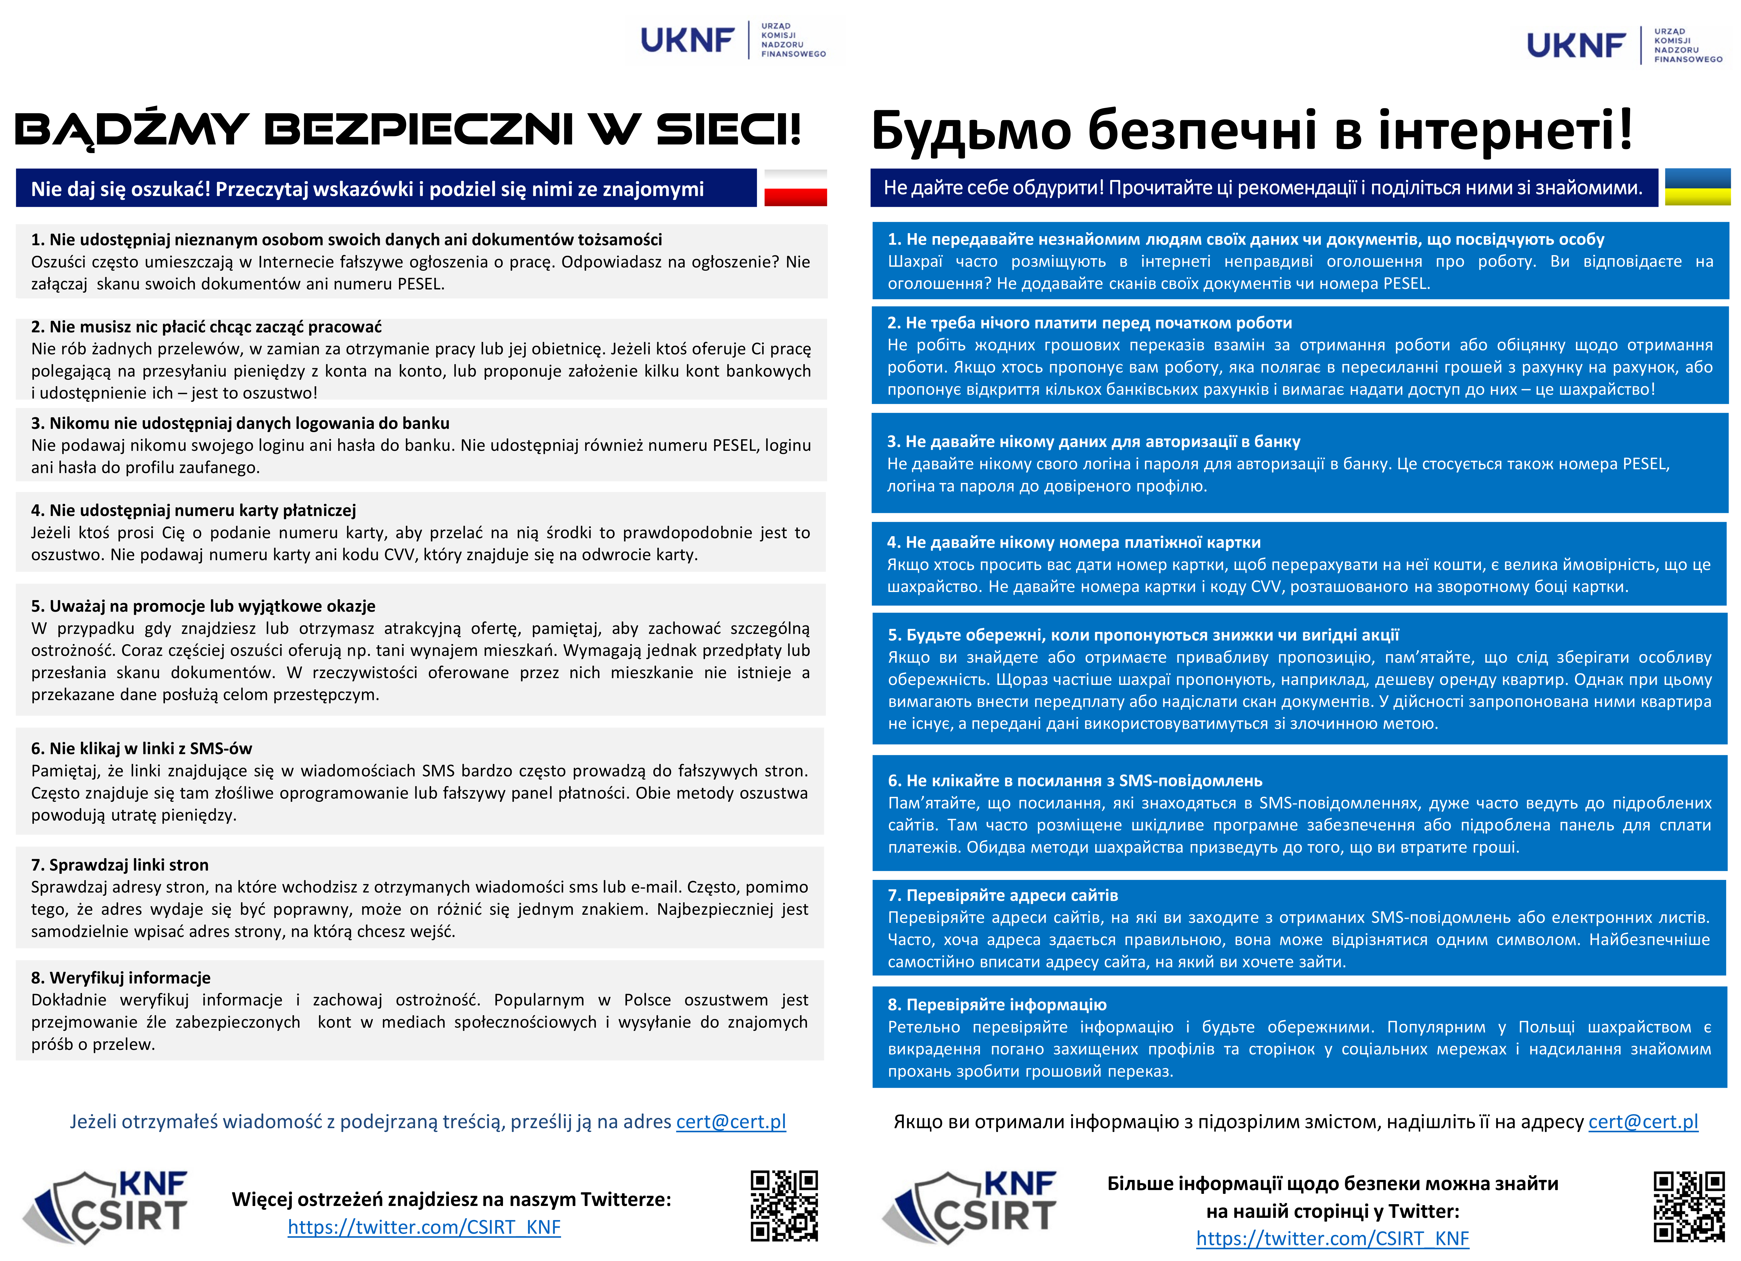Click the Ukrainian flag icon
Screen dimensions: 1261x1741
click(x=1697, y=187)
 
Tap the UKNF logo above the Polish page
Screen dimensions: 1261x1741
click(x=733, y=40)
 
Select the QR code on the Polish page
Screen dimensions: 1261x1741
click(x=784, y=1205)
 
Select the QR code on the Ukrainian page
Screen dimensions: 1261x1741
click(x=1689, y=1206)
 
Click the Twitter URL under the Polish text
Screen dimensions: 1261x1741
click(x=424, y=1227)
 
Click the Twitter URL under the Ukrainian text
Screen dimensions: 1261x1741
click(x=1332, y=1239)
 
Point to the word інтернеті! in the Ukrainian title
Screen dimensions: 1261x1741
click(x=1505, y=129)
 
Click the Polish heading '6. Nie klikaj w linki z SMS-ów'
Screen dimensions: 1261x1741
click(x=141, y=748)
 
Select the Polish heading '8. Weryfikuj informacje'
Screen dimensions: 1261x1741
click(x=120, y=978)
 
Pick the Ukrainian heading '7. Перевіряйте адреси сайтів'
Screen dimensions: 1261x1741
click(x=1002, y=896)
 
